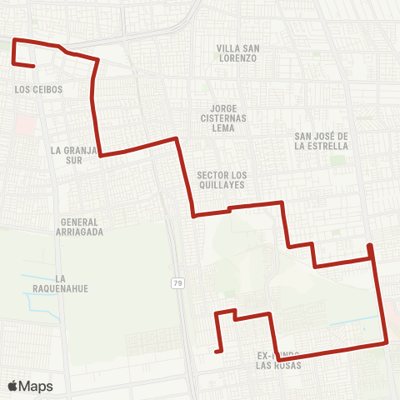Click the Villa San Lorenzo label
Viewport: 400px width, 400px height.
coord(237,53)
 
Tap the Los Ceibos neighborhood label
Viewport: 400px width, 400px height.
coord(39,88)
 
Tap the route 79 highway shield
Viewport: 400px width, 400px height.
coord(178,283)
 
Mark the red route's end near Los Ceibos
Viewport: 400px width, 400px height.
coord(32,66)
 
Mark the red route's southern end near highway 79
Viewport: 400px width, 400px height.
coord(217,352)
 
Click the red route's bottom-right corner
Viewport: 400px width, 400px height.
coord(387,342)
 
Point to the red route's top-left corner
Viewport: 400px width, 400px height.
coord(15,40)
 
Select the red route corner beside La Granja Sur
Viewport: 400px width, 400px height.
coord(102,155)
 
